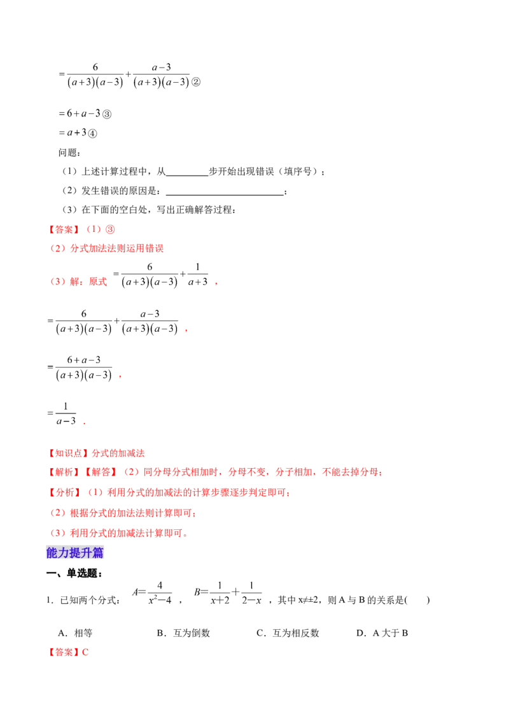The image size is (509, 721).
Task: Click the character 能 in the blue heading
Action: pyautogui.click(x=53, y=552)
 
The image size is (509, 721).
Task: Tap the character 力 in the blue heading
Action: pyautogui.click(x=64, y=552)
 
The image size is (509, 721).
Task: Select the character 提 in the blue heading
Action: pyautogui.click(x=76, y=552)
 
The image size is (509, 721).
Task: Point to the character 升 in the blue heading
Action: pyautogui.click(x=87, y=552)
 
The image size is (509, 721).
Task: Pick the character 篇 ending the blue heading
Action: pyautogui.click(x=99, y=552)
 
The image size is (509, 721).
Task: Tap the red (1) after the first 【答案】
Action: pyautogui.click(x=92, y=229)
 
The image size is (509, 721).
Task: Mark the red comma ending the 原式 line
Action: pyautogui.click(x=216, y=284)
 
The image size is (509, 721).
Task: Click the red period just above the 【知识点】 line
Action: pyautogui.click(x=84, y=422)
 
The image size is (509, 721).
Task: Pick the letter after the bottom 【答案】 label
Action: pyautogui.click(x=86, y=652)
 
